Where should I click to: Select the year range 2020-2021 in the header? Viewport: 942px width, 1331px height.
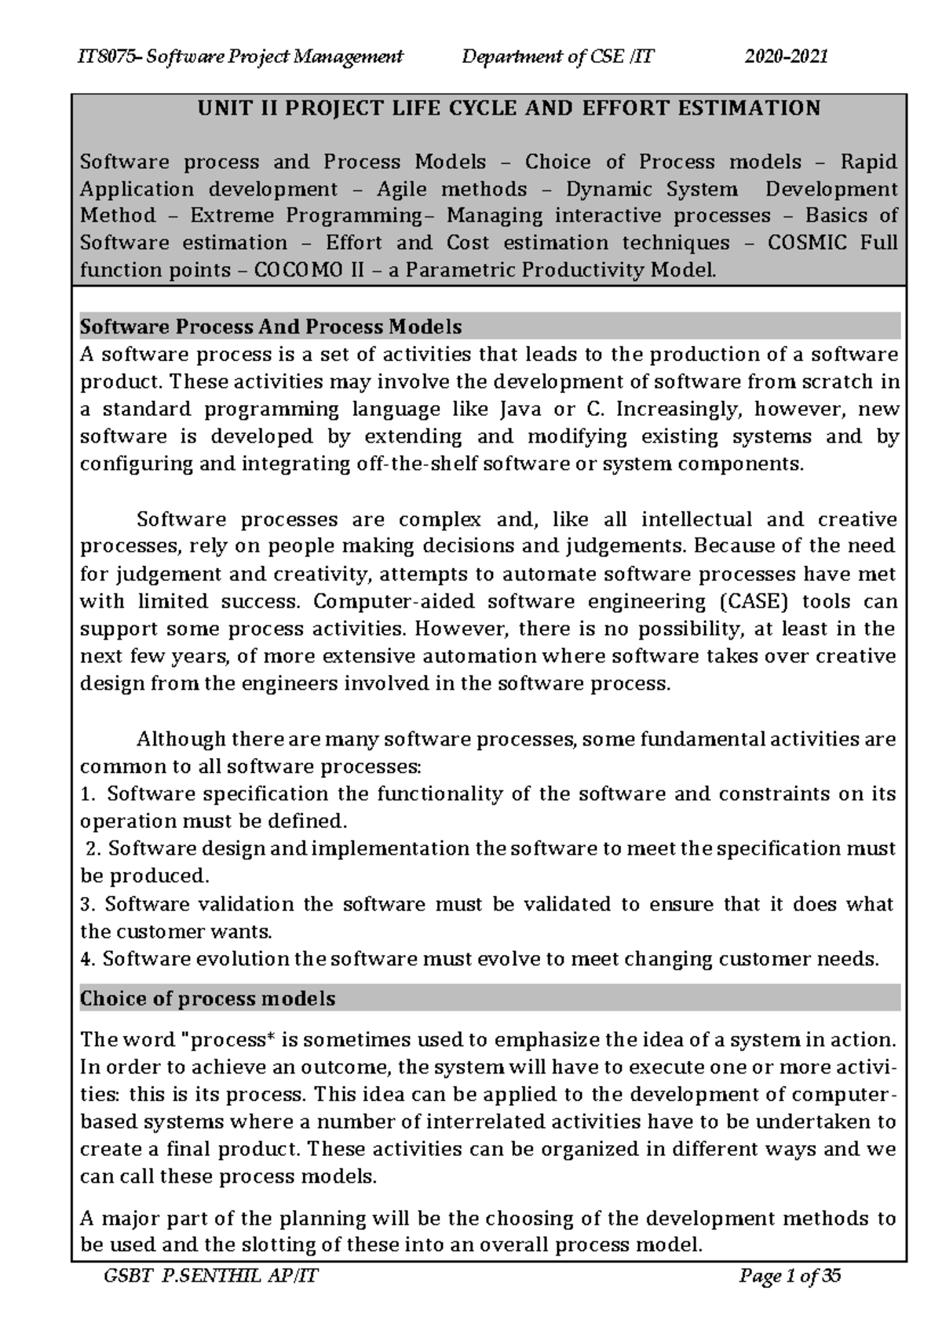click(787, 57)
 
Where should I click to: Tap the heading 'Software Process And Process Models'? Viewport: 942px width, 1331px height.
click(271, 326)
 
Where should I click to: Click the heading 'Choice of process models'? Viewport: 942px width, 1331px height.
click(208, 999)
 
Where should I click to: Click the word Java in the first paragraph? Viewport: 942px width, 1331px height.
click(514, 410)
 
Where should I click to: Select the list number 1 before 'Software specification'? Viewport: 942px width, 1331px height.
click(86, 794)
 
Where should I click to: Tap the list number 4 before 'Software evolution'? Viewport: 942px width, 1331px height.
click(86, 959)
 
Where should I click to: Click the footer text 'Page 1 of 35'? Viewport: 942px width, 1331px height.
click(790, 1277)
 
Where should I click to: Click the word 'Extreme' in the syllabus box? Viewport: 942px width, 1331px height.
click(232, 216)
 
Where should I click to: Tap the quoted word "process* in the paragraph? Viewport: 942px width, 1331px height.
click(227, 1040)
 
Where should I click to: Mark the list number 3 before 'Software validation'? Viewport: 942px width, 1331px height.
click(86, 904)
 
